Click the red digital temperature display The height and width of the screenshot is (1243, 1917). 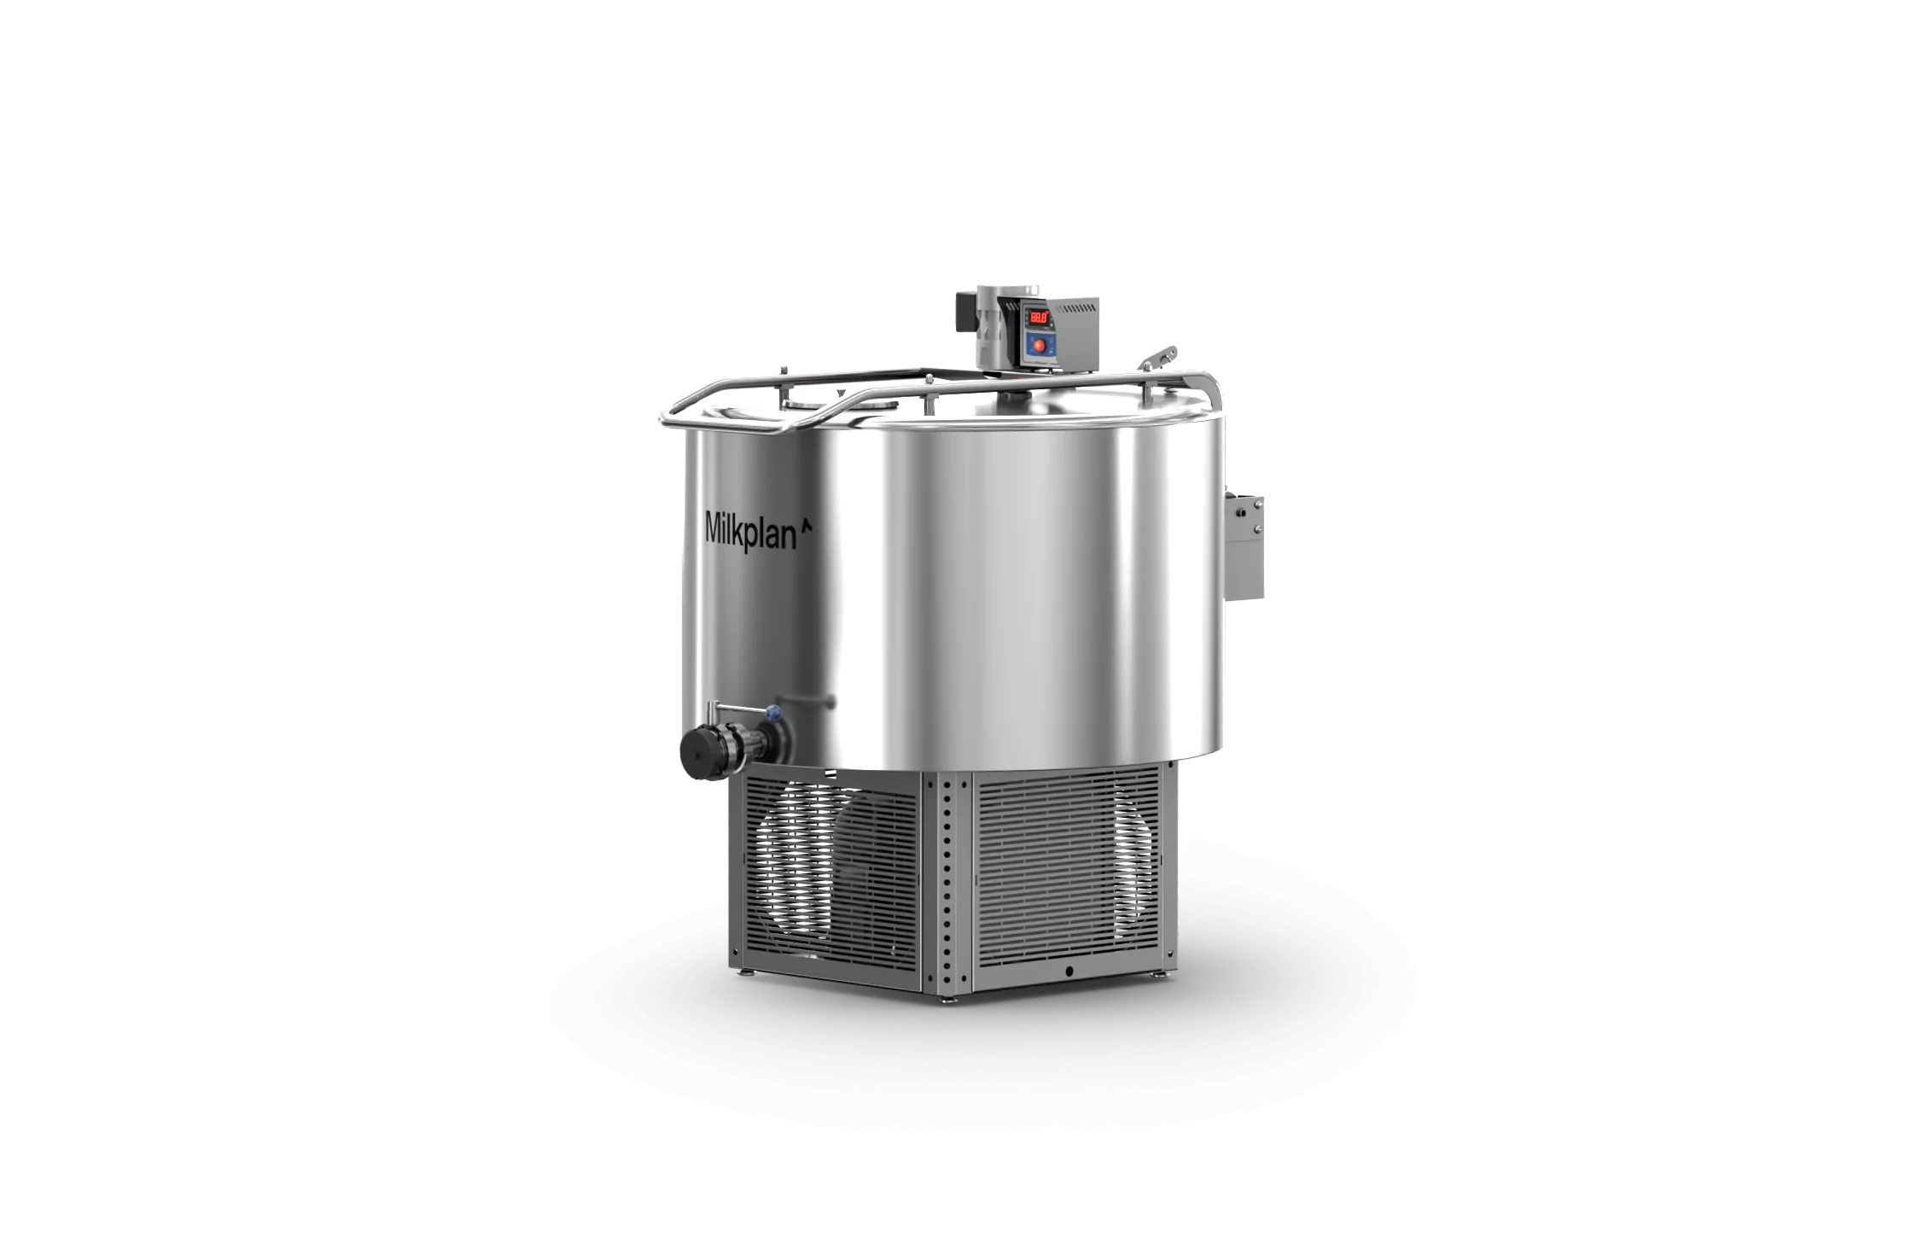[1039, 318]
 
